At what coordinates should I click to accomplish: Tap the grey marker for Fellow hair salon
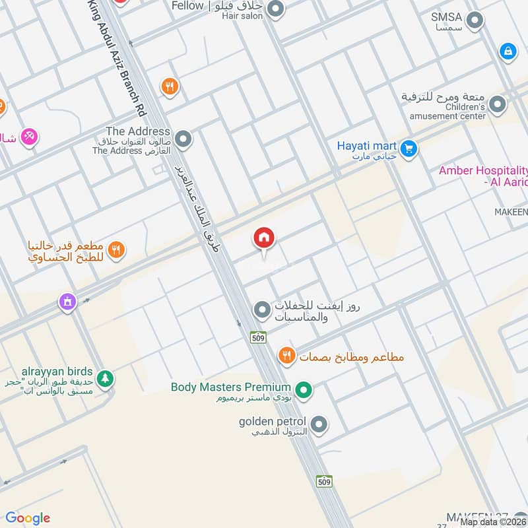tap(276, 10)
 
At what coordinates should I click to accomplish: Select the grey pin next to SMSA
tap(474, 22)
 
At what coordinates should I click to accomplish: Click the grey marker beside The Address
tap(183, 140)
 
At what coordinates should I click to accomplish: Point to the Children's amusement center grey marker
tap(498, 104)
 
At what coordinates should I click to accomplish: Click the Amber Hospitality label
tap(483, 176)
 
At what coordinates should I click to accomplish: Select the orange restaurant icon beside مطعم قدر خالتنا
tap(116, 249)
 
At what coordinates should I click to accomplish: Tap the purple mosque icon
tap(67, 302)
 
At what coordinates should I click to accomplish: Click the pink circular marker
tap(28, 137)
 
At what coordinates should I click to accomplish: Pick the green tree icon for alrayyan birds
tap(104, 379)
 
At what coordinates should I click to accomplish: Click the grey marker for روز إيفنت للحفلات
tap(262, 309)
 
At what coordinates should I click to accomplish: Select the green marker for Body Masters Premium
tap(303, 391)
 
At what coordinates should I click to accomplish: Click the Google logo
tap(28, 518)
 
